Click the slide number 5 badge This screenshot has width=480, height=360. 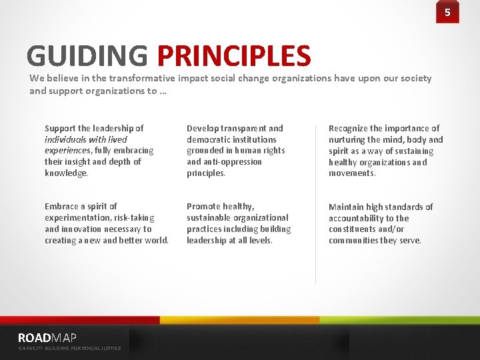point(447,12)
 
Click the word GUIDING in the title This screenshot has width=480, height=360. point(87,57)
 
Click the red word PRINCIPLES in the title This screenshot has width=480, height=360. point(234,57)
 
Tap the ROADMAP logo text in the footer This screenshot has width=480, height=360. point(47,338)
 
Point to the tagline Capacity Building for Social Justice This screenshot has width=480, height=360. point(69,348)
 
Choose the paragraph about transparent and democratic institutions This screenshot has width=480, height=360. point(237,151)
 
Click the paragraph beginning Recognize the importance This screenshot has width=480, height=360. point(385,151)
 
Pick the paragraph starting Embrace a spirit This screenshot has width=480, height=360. point(106,223)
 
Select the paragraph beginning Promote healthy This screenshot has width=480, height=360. point(239,223)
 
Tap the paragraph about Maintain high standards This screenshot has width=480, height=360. point(381,223)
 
